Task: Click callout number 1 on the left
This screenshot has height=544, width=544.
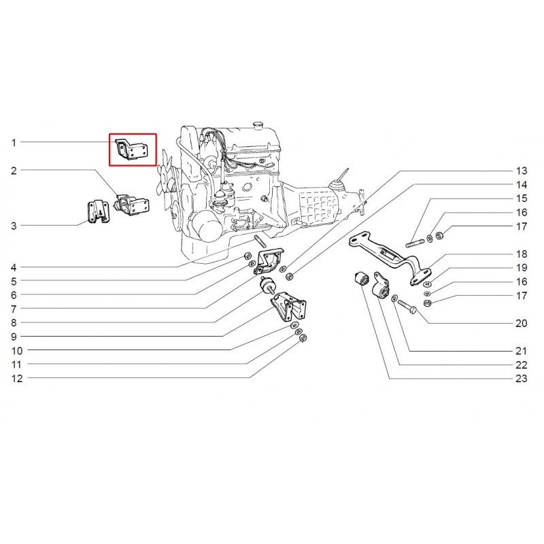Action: pyautogui.click(x=14, y=142)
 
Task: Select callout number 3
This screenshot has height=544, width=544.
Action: pyautogui.click(x=14, y=225)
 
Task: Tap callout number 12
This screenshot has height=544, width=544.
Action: pyautogui.click(x=16, y=379)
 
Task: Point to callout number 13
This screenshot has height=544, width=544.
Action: pyautogui.click(x=521, y=170)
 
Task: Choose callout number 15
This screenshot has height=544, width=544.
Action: pyautogui.click(x=521, y=199)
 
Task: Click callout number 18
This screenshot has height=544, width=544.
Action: pyautogui.click(x=521, y=253)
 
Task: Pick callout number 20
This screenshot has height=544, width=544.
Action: pyautogui.click(x=521, y=324)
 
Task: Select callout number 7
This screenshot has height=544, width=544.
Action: pyautogui.click(x=14, y=309)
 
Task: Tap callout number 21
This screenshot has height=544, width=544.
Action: pyautogui.click(x=521, y=352)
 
